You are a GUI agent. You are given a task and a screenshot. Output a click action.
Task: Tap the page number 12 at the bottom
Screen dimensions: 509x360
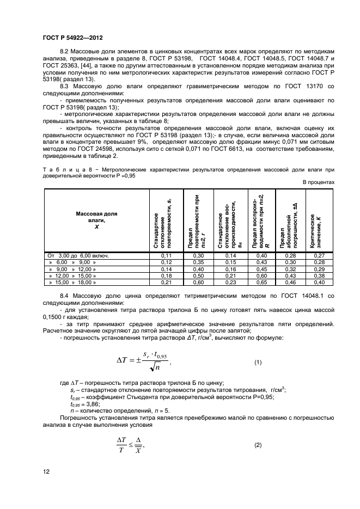(46, 471)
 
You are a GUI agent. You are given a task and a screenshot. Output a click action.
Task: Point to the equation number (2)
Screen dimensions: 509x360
(258, 445)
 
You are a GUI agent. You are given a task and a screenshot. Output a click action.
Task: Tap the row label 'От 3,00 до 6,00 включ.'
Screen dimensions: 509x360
(71, 255)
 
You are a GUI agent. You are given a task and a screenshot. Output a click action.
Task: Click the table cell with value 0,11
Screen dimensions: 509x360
(167, 255)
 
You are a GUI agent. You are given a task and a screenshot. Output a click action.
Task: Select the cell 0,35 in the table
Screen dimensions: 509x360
(199, 262)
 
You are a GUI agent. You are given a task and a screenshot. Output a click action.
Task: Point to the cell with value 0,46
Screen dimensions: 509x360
(292, 283)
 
